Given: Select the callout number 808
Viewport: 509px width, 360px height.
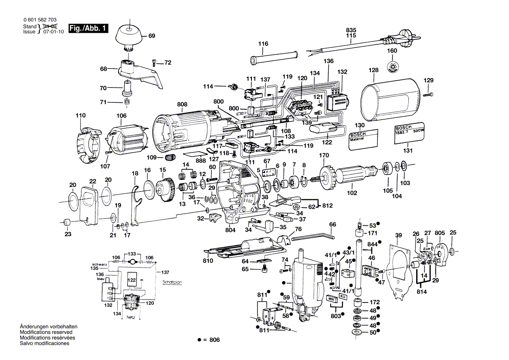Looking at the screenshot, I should point(182,105).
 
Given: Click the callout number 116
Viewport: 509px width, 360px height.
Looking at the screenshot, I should point(263,44).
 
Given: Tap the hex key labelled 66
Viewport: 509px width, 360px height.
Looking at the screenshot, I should point(314,237).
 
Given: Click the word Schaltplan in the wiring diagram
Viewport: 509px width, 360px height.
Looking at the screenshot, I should point(172,282).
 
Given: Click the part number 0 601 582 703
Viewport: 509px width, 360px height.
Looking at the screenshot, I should point(39,20).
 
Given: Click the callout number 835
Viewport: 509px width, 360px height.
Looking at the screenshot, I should point(351,30).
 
